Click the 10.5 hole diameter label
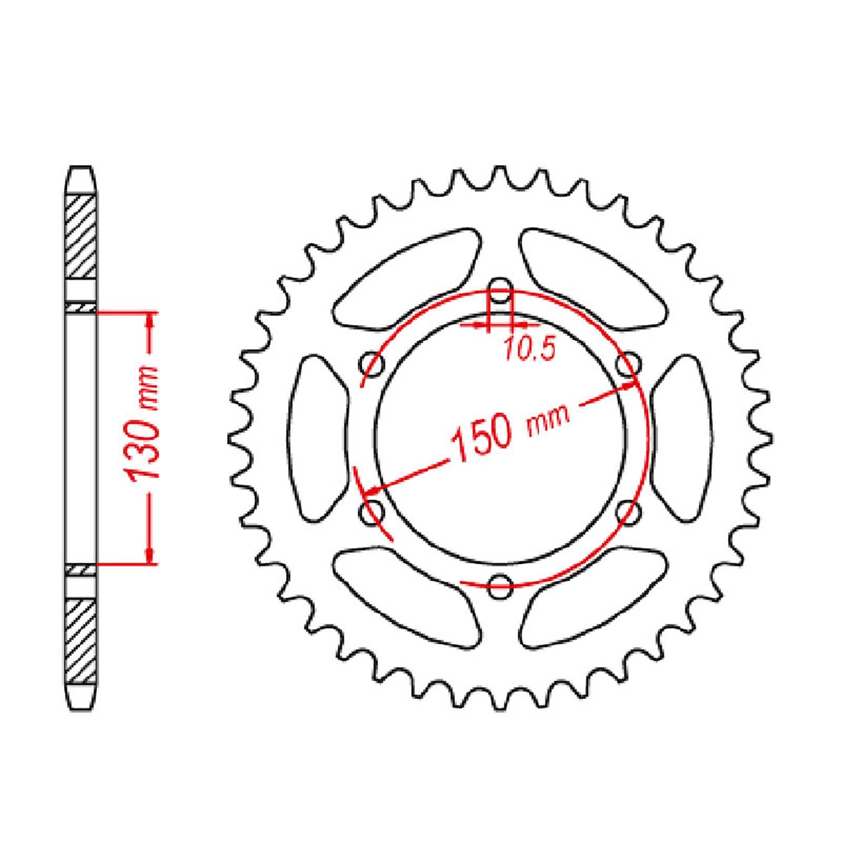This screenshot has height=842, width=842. click(x=529, y=349)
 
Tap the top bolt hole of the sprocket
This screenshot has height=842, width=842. click(x=500, y=296)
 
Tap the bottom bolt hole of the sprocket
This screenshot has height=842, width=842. click(x=500, y=582)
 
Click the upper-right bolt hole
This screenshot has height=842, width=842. click(x=628, y=364)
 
